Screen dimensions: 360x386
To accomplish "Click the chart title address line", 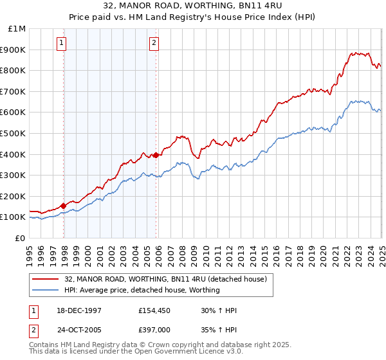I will [193, 4].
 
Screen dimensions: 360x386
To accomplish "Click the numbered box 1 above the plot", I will [62, 43].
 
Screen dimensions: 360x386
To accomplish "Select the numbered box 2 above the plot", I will [154, 43].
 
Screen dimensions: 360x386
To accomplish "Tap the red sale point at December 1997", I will [64, 206].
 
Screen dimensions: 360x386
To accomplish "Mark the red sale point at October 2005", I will [156, 155].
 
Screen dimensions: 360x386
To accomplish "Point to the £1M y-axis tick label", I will [17, 29].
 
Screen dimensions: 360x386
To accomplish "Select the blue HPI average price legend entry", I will [142, 290].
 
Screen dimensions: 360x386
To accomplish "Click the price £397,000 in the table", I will [155, 332].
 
